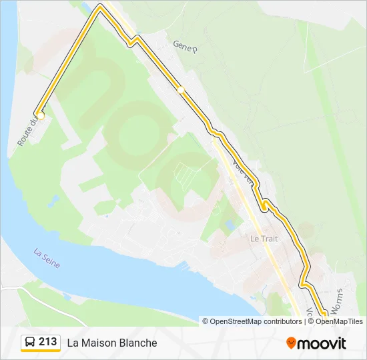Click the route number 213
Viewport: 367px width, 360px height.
tap(47, 342)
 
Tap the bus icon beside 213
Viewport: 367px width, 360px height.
tap(31, 343)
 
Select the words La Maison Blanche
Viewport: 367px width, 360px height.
tap(112, 343)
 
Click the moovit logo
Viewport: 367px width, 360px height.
tap(316, 343)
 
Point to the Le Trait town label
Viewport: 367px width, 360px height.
tap(264, 238)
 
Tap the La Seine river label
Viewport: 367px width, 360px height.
tap(47, 259)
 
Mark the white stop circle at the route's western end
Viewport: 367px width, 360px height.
tap(40, 115)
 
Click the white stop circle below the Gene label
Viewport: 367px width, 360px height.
tap(181, 89)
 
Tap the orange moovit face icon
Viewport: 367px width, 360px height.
tap(291, 343)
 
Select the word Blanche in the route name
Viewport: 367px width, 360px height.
tap(139, 343)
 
